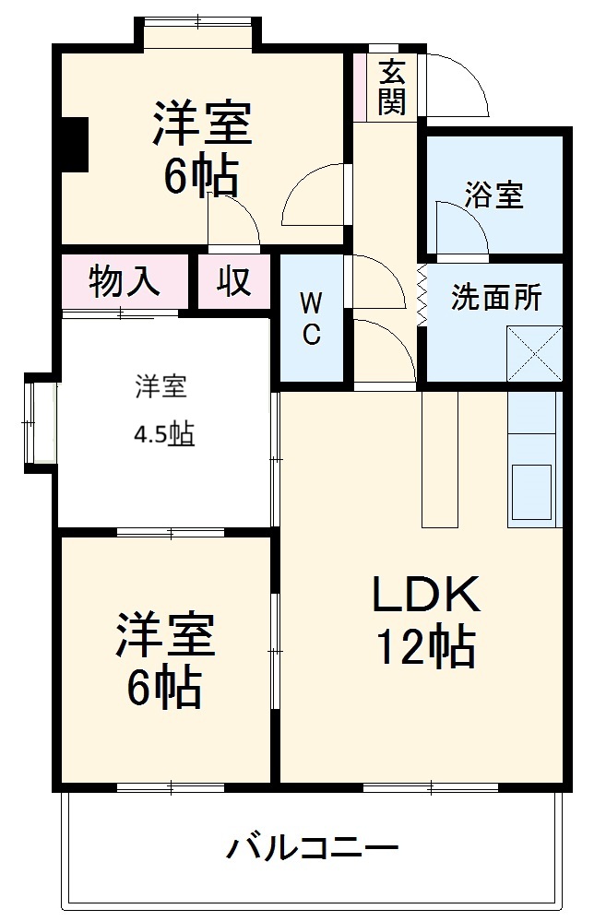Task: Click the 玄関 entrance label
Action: click(x=392, y=86)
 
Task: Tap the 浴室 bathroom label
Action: click(x=493, y=195)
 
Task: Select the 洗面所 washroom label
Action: click(x=495, y=297)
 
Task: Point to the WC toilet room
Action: click(x=311, y=318)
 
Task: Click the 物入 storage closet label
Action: click(x=125, y=281)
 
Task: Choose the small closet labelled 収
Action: click(x=234, y=281)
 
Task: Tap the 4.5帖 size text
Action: click(x=165, y=435)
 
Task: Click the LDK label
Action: click(x=425, y=596)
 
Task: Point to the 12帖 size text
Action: click(x=424, y=648)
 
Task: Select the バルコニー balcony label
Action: click(x=314, y=846)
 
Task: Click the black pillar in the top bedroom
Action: click(x=72, y=144)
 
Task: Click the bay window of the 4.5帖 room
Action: click(x=39, y=422)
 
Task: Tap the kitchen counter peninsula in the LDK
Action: click(x=439, y=458)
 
